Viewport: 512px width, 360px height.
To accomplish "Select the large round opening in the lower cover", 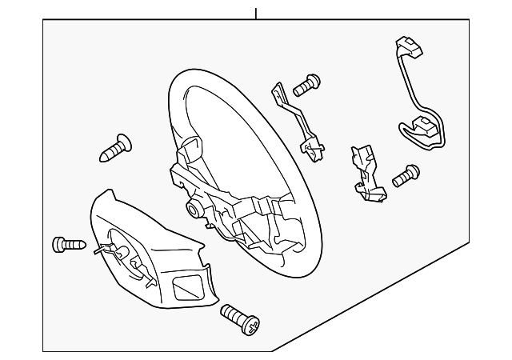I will tap(124, 254).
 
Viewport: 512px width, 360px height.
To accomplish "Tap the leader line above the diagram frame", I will tap(256, 13).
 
